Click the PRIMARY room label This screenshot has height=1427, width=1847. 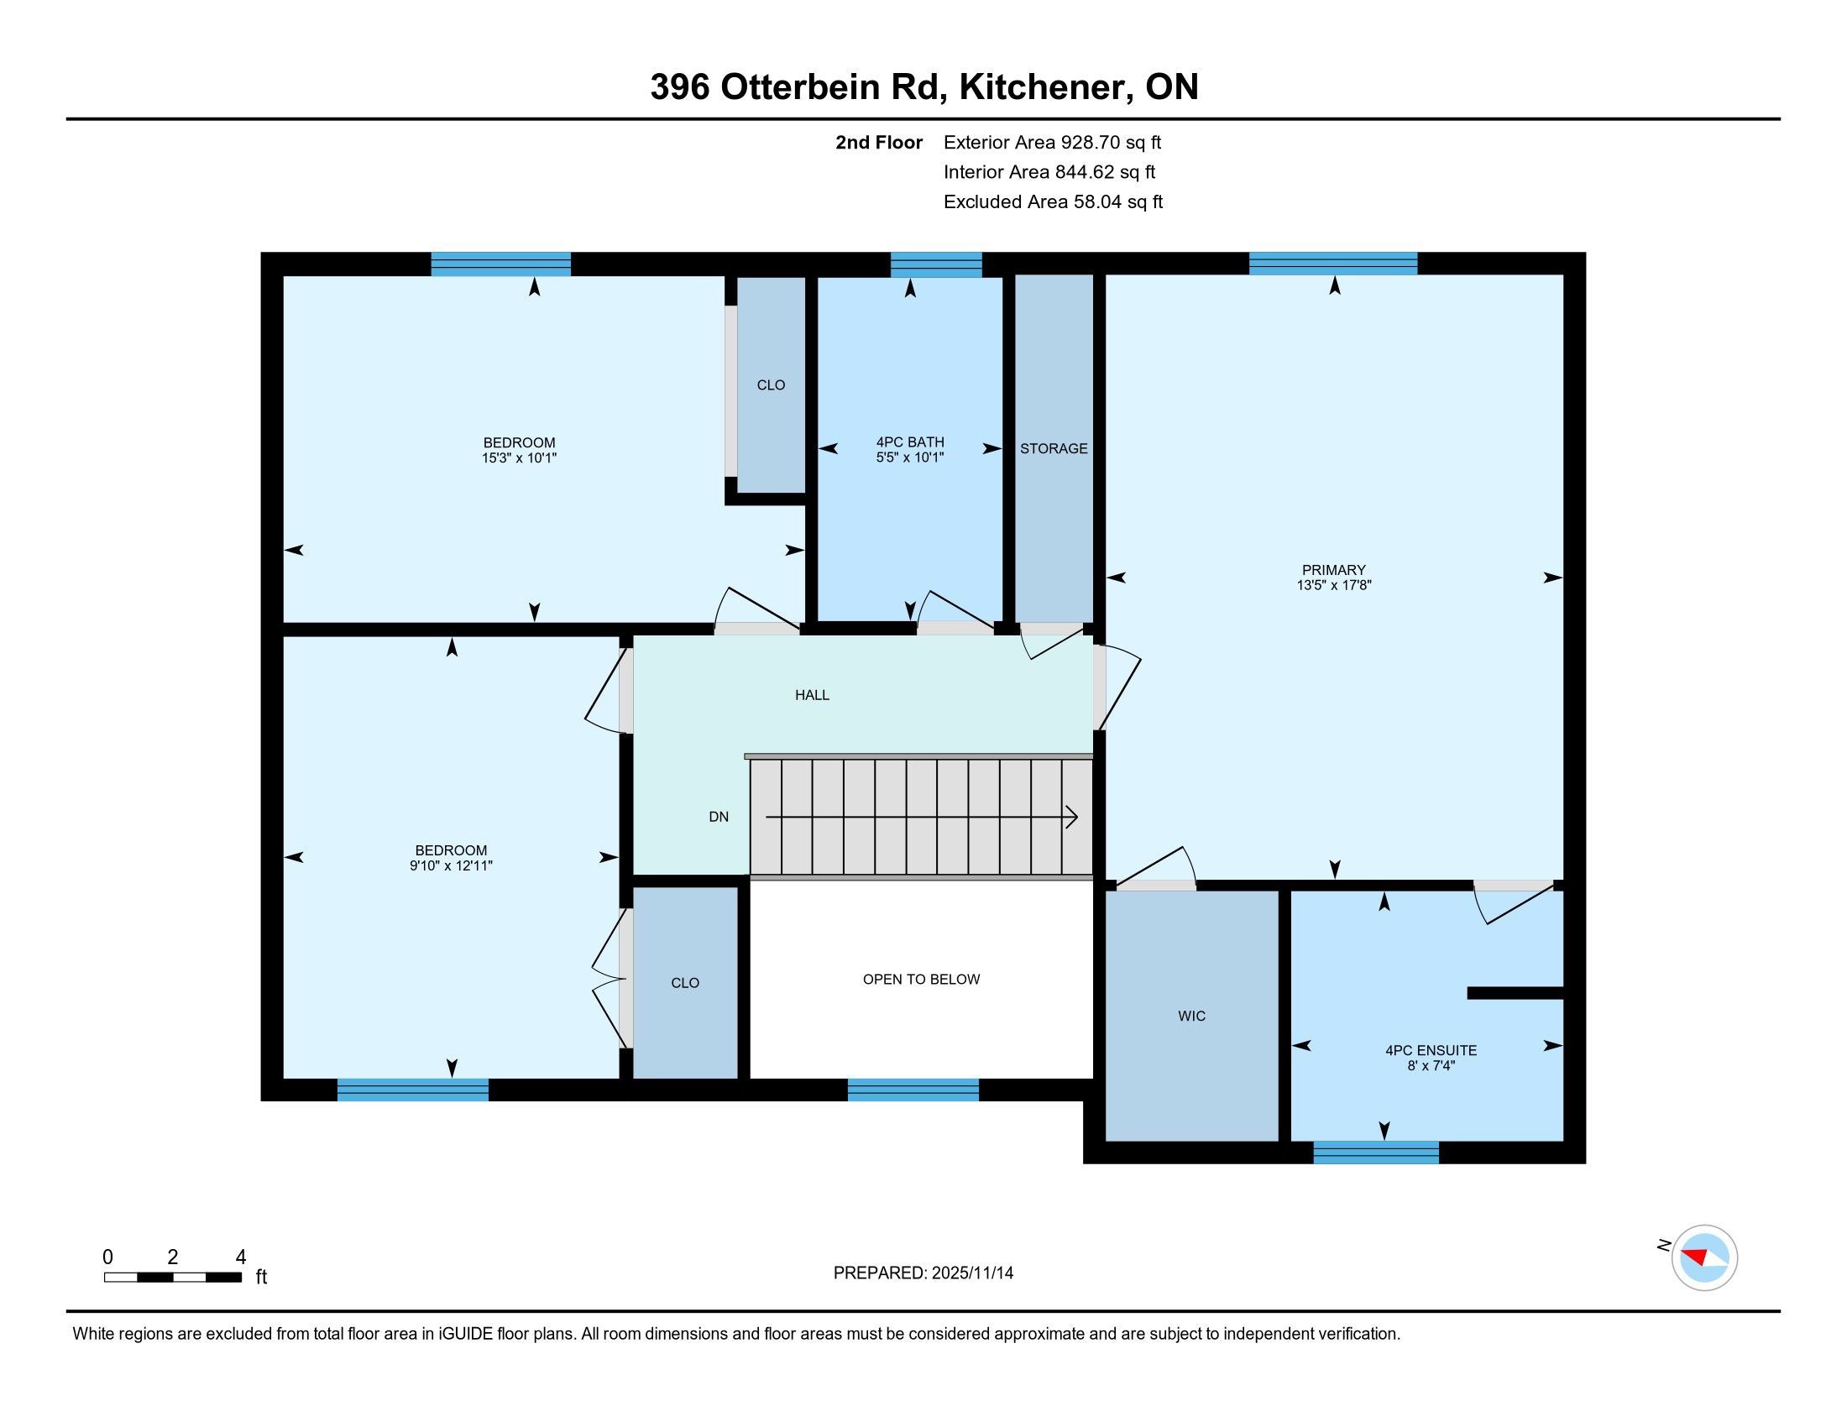(1334, 570)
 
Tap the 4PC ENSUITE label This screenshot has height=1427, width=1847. (1431, 1050)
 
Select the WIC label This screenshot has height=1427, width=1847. (1191, 1016)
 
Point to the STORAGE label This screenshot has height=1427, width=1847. (1054, 448)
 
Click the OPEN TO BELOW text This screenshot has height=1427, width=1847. (921, 979)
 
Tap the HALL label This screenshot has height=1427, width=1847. (812, 695)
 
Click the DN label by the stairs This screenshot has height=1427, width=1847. (718, 817)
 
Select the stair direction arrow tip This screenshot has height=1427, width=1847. (1077, 818)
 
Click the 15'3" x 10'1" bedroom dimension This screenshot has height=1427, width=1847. (519, 458)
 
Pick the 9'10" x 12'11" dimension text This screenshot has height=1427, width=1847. (451, 865)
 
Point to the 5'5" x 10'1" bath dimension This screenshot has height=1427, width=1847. (910, 457)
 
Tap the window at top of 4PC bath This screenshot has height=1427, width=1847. (936, 264)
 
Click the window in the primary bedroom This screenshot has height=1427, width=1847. (1333, 264)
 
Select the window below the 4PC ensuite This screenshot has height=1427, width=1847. (1376, 1153)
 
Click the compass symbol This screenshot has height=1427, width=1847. (1704, 1257)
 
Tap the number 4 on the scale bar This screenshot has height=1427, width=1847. (240, 1257)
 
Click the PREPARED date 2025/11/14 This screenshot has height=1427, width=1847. (971, 1273)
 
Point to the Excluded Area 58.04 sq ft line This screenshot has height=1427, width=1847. (1053, 201)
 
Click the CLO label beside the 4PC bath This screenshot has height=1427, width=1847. (771, 384)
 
